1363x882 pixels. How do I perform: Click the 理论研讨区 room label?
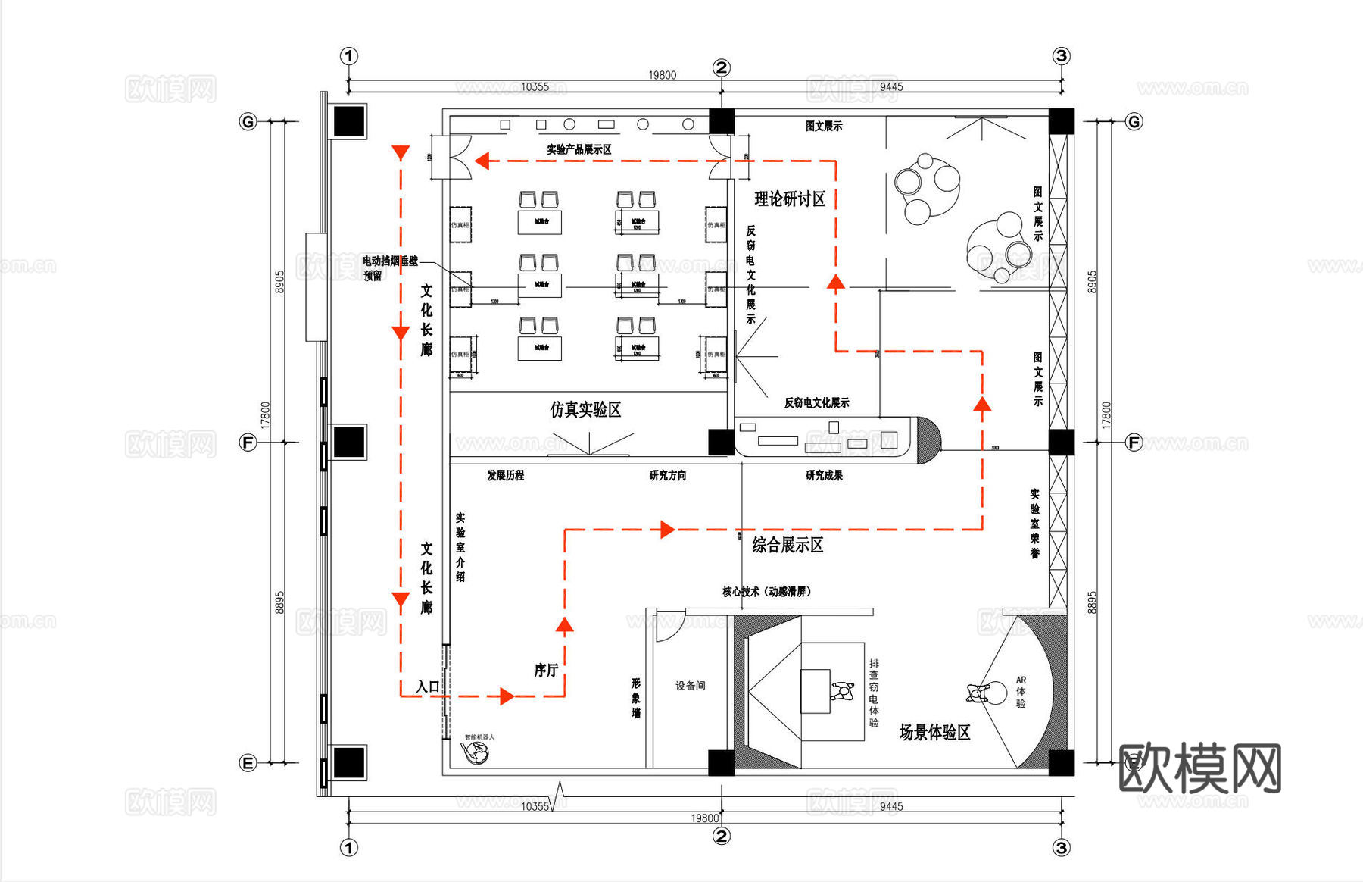coord(790,199)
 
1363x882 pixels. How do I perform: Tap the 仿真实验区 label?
coord(585,410)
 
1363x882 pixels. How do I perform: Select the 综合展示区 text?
coord(788,545)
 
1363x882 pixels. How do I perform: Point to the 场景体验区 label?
coord(934,732)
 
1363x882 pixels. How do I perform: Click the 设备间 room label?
coord(690,686)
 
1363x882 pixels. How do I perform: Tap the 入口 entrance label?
coord(428,687)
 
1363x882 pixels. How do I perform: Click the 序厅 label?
coord(546,670)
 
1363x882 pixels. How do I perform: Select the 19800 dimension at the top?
coord(662,75)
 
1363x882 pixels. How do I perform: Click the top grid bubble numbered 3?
coord(1061,56)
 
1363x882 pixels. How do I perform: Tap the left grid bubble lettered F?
coord(248,443)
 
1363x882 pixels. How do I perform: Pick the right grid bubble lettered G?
coord(1133,121)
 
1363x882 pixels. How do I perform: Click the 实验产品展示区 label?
coord(579,149)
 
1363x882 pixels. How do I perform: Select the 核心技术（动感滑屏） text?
coord(766,591)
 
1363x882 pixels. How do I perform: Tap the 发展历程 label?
coord(505,475)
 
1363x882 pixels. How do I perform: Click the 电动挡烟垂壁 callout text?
coord(390,261)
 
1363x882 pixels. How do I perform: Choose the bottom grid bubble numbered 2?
coord(721,836)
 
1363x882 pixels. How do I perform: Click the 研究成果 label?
coord(824,475)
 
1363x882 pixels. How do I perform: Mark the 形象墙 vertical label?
coord(636,698)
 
